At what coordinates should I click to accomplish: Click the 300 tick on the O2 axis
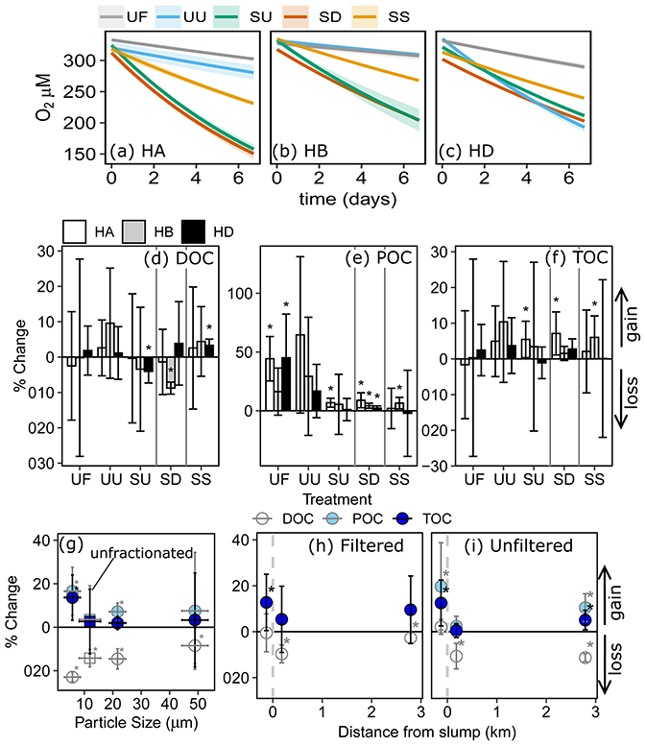tap(85, 60)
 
